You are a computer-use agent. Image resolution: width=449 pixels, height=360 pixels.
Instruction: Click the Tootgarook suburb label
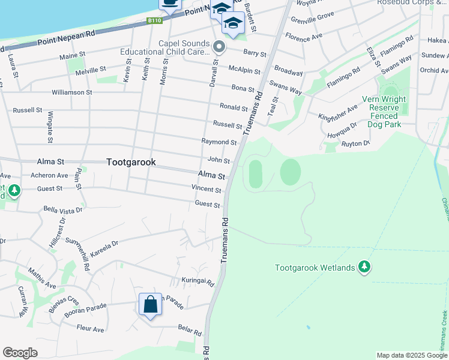(x=131, y=162)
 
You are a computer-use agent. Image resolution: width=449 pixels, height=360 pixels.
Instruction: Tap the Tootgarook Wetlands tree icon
(x=364, y=266)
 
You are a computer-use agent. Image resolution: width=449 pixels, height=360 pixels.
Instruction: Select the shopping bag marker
(x=150, y=304)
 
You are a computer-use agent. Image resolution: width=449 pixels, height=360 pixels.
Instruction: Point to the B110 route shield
(x=155, y=20)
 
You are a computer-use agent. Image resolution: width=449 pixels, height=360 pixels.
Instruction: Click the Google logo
(x=20, y=353)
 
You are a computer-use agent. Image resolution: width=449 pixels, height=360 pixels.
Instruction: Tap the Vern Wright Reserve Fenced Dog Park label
(x=384, y=112)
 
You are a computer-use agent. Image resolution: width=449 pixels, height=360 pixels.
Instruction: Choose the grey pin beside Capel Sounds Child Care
(x=219, y=46)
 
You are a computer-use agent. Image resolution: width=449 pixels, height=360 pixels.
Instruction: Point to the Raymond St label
(x=219, y=142)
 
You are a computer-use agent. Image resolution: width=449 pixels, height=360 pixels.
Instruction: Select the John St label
(x=218, y=160)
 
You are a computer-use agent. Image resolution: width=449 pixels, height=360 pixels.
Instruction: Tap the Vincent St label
(x=206, y=189)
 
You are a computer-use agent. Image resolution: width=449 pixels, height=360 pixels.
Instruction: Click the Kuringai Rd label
(x=197, y=281)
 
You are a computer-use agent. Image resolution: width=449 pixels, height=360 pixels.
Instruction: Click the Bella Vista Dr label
(x=63, y=210)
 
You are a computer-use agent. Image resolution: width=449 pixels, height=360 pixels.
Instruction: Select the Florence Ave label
(x=304, y=37)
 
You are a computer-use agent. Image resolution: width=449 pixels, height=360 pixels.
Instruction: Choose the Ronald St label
(x=234, y=107)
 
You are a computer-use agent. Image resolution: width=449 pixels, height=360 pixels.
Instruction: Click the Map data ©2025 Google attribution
(x=411, y=355)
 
